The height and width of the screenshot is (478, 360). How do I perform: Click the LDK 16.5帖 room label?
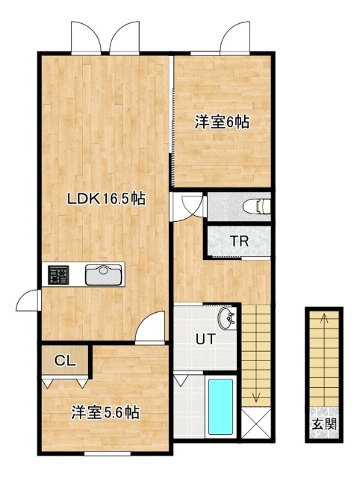point(106,199)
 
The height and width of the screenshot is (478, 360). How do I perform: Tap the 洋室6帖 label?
point(222,122)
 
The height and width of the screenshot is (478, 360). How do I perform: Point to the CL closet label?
point(65,361)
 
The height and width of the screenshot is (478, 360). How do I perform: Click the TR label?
point(240,241)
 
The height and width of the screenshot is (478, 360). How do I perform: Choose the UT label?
point(205,339)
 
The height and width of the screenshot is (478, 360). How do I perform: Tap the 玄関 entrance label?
point(324,424)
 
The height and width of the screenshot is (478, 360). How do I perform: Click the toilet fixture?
point(257,206)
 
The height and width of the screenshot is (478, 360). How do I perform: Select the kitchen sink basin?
point(103,274)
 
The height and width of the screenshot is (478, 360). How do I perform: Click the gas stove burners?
point(58,275)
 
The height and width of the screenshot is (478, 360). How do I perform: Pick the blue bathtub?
point(220,406)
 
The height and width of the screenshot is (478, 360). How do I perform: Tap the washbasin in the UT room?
point(226,318)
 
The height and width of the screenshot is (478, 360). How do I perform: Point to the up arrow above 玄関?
point(324,319)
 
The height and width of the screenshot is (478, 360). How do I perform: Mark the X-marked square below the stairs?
point(256,423)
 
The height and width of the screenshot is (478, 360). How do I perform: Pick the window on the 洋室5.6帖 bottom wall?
point(107,454)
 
